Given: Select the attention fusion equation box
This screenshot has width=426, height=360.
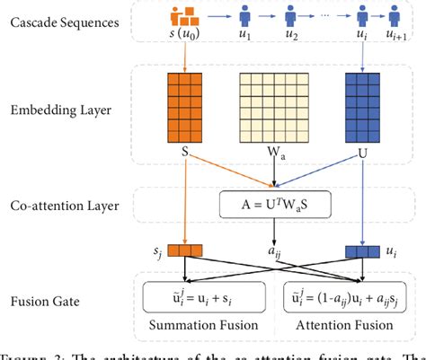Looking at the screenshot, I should click(x=344, y=296).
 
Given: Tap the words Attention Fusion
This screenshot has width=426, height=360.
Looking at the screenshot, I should click(x=344, y=325).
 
